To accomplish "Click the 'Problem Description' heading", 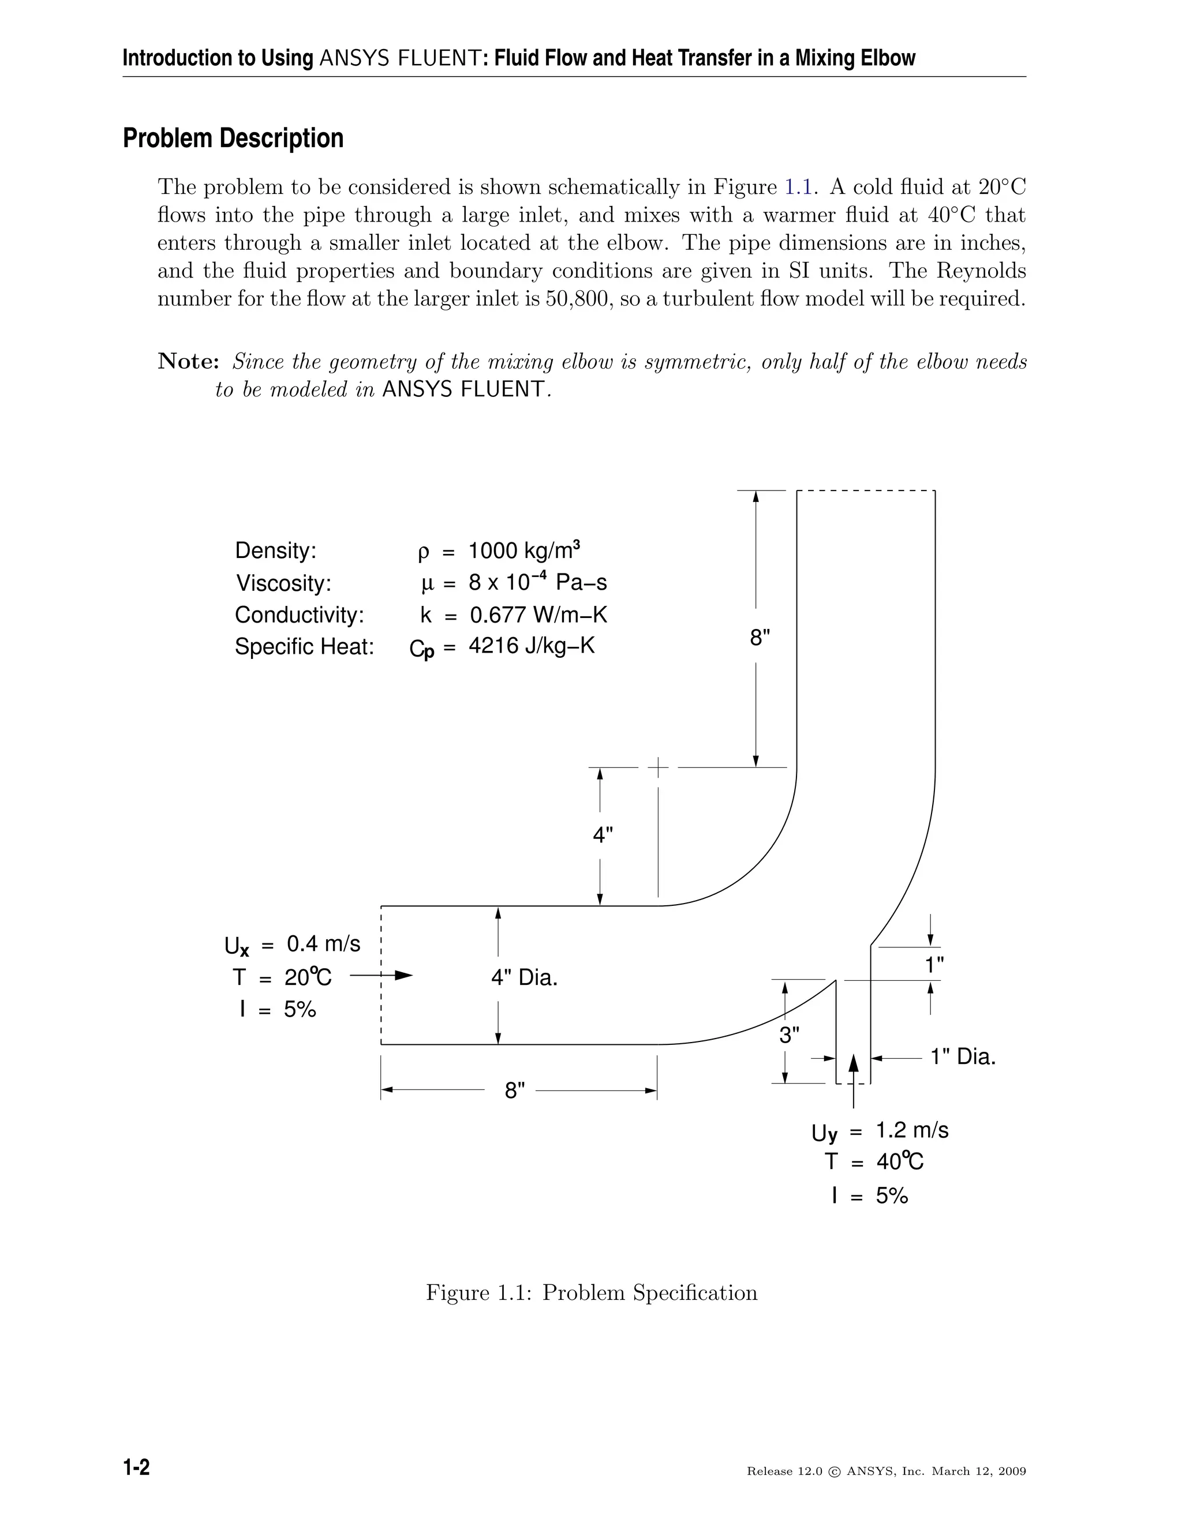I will (233, 138).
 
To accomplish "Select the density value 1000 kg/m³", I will (524, 550).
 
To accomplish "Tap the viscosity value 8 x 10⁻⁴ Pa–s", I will (537, 583).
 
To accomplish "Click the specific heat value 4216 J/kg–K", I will (531, 646).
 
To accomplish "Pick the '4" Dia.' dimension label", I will (524, 977).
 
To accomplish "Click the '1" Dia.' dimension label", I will (963, 1056).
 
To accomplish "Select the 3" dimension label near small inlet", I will (789, 1035).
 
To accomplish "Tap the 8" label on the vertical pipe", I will (760, 638).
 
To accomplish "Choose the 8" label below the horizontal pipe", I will (515, 1090).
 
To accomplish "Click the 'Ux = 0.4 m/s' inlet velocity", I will (293, 945).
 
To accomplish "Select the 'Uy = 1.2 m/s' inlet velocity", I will (880, 1131).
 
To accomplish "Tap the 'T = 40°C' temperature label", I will (874, 1162).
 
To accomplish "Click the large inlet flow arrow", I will (381, 975).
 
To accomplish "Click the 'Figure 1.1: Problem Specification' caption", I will (592, 1292).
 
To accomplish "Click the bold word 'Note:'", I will (188, 362).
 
